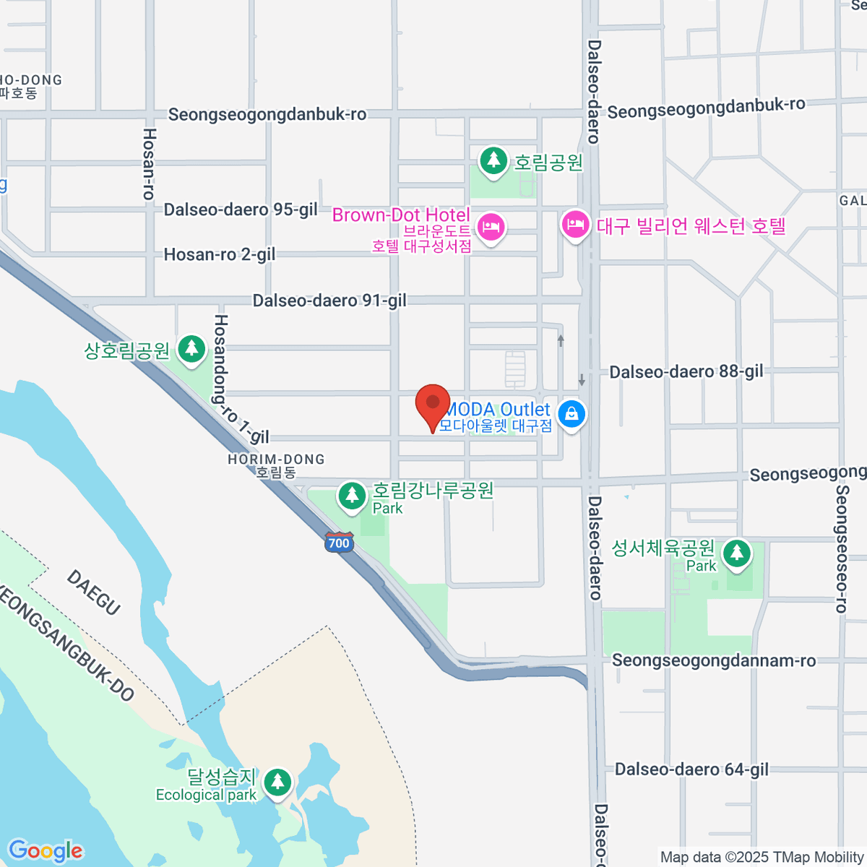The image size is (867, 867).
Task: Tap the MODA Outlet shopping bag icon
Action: point(571,414)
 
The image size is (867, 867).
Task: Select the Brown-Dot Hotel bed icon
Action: point(491,228)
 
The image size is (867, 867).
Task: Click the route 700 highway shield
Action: point(338,543)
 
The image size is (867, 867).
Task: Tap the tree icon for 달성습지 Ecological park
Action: point(277,782)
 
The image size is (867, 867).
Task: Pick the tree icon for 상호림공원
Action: point(191,349)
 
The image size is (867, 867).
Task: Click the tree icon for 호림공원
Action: point(493,160)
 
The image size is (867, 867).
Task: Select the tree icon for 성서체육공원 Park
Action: point(737,554)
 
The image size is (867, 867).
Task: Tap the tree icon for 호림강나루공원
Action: point(353,496)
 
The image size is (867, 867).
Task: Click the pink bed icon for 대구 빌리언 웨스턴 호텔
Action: point(576,225)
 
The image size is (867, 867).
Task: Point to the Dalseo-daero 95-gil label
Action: point(241,210)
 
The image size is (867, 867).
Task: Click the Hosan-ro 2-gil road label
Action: point(220,254)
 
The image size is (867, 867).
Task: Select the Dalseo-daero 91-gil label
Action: point(329,301)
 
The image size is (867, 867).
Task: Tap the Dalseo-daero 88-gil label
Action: point(686,372)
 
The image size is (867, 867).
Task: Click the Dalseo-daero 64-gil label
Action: point(691,769)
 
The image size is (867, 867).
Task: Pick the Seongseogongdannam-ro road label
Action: point(714,660)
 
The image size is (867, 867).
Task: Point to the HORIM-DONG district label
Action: point(276,465)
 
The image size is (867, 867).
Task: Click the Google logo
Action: point(46,851)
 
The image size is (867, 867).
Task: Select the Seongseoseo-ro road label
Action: point(842,549)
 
